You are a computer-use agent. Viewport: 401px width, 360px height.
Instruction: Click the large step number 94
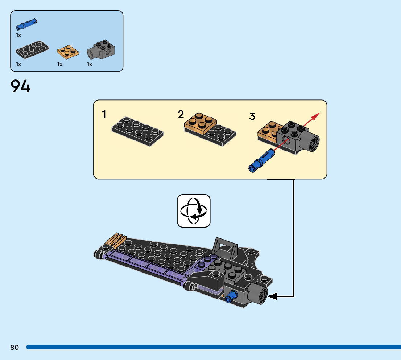coord(21,87)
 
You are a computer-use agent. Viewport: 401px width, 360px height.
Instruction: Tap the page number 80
coord(15,348)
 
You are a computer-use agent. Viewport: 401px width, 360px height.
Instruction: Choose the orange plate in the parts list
coord(68,51)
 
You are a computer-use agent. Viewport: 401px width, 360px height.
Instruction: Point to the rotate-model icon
coord(194,211)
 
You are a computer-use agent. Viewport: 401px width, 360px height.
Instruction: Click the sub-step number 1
coord(104,115)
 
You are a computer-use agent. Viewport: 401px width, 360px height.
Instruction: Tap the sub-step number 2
coord(181,115)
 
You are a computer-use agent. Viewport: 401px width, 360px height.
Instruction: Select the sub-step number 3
coord(252,116)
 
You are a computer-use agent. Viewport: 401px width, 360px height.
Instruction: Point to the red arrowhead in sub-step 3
coord(317,115)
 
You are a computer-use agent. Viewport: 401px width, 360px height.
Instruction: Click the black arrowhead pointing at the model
coord(272,296)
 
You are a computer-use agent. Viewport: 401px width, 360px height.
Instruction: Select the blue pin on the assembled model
coord(229,298)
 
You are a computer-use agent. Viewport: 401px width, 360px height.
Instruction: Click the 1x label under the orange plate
coord(60,65)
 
